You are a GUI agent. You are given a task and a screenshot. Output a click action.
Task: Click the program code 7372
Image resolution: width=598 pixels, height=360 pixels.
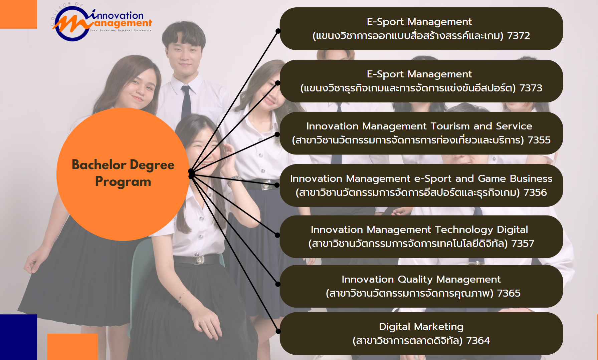(519, 36)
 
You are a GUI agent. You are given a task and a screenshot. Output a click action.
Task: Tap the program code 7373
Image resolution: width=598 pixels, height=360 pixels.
(531, 88)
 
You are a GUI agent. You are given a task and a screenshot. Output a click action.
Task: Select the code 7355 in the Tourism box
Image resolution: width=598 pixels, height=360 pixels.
(539, 140)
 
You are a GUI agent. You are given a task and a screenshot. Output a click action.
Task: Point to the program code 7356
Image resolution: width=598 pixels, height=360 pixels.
(535, 193)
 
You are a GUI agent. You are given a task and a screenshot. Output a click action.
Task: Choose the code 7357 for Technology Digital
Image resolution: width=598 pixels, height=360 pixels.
(523, 244)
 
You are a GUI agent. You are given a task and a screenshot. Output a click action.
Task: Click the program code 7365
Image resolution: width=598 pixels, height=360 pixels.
(509, 293)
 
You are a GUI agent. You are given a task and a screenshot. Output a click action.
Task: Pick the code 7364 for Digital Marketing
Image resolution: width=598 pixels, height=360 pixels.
(478, 341)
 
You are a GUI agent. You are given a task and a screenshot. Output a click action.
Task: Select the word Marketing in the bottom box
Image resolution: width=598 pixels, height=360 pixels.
(439, 327)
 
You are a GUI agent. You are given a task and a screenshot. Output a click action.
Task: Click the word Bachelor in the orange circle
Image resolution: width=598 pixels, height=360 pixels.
(99, 165)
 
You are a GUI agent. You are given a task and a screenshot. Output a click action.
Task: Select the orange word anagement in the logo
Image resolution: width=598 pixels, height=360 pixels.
(123, 23)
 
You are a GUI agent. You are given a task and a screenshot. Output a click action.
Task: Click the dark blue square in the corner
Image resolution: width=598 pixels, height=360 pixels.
(18, 337)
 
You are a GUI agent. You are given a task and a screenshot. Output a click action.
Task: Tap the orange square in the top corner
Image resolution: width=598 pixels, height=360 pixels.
(18, 14)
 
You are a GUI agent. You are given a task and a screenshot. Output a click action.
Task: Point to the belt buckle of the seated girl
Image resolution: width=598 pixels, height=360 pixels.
(199, 259)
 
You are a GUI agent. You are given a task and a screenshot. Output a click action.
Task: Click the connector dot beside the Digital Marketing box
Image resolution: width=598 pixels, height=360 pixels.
(278, 331)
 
